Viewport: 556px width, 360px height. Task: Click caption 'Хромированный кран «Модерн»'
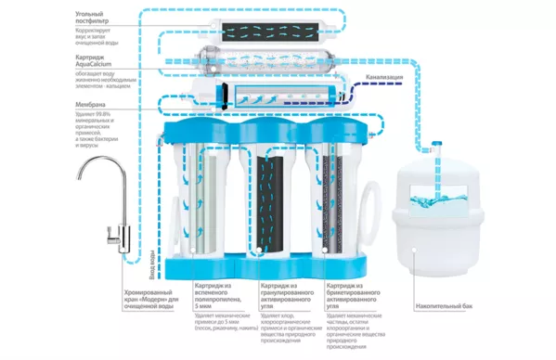coord(152,299)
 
